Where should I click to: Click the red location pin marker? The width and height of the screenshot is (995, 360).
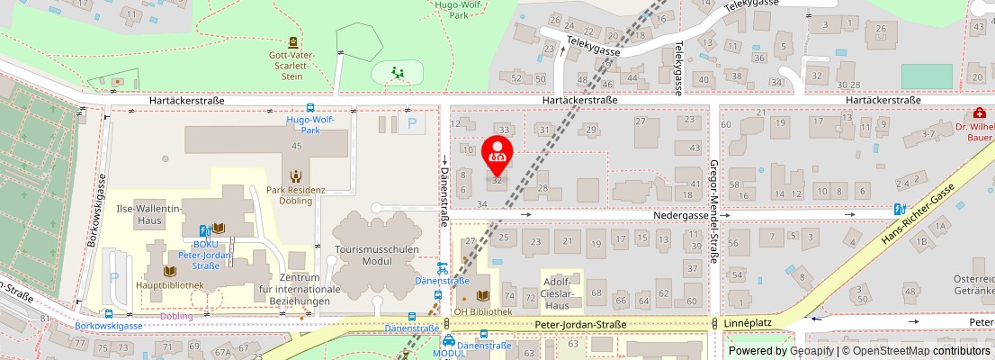(497, 154)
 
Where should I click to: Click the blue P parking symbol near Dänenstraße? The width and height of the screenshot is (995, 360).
(413, 124)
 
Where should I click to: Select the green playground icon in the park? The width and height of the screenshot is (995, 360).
(397, 72)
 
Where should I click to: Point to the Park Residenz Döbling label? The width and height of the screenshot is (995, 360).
(295, 194)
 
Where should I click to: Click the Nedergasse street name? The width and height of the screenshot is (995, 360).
(682, 217)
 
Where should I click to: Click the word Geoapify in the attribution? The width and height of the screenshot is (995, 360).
(812, 351)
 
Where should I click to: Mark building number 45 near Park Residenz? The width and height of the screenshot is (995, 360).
(296, 146)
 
